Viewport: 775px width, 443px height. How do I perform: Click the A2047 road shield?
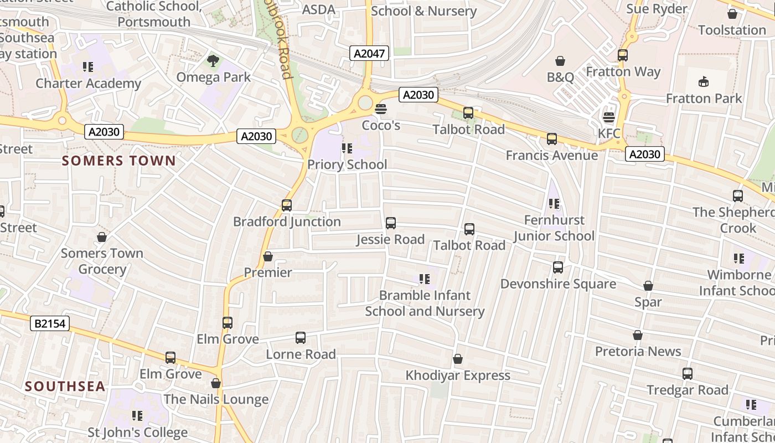[370, 53]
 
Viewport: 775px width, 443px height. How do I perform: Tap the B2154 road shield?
[50, 323]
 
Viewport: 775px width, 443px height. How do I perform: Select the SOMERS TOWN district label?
[119, 161]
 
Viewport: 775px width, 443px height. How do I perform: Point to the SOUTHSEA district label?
[65, 387]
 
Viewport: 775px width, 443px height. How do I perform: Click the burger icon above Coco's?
[380, 109]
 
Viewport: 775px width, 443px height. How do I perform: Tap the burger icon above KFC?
[609, 117]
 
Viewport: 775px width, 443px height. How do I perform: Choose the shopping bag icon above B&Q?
[560, 60]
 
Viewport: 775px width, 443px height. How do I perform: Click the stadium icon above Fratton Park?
[704, 82]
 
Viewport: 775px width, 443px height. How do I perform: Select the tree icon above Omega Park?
[213, 60]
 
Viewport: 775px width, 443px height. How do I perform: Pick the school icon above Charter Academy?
[88, 67]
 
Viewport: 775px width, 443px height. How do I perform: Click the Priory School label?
[347, 164]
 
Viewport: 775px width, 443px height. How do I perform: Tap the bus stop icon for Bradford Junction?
[287, 205]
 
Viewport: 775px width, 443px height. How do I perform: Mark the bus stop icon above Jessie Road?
[391, 223]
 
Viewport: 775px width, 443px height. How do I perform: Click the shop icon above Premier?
[268, 256]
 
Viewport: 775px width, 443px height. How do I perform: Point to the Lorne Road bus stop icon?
[301, 338]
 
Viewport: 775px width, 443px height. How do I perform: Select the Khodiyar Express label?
[458, 375]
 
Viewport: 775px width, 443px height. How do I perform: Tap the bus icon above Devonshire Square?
[558, 268]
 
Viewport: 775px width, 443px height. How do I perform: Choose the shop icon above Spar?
[648, 286]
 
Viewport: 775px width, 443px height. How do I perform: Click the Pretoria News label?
[638, 351]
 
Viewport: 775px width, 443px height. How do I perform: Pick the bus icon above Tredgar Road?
[688, 374]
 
